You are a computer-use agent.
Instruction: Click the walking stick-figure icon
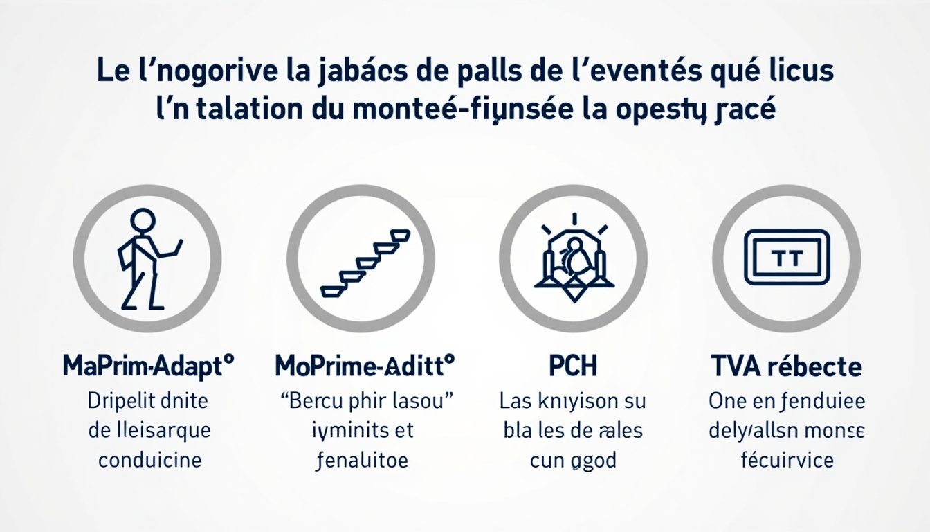pos(147,258)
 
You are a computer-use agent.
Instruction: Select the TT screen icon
pos(786,258)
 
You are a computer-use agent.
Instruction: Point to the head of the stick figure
pos(143,222)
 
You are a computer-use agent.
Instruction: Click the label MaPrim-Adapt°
pos(148,365)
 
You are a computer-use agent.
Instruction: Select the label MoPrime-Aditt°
pos(364,365)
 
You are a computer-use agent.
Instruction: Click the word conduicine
pos(149,460)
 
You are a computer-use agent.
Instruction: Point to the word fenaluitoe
pos(361,460)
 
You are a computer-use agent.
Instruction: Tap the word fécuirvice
pos(787,460)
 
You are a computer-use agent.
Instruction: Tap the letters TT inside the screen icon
pos(786,258)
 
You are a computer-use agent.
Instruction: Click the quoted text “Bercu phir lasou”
pos(363,400)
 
